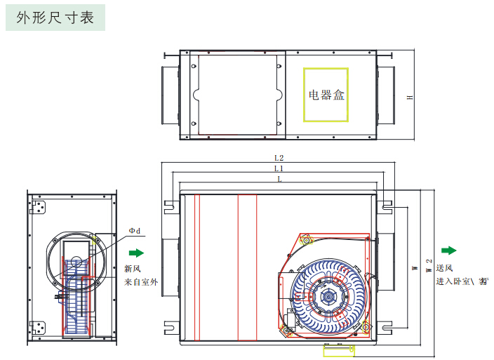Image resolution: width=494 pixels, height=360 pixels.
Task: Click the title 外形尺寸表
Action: point(55,17)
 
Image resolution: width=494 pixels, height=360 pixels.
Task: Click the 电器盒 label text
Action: point(326,95)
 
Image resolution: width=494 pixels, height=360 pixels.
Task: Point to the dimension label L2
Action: point(279,159)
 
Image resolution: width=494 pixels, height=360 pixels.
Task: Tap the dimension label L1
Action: point(279,169)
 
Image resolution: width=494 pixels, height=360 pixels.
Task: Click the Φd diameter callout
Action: point(134,230)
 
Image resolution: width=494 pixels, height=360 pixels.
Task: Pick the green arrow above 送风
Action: point(448,251)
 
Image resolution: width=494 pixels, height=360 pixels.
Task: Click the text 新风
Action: point(133,269)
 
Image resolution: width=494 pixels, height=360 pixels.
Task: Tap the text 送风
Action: point(444,267)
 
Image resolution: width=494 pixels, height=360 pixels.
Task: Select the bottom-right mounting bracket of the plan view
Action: point(385,326)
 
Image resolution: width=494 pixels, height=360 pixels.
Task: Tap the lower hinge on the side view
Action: point(42,327)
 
